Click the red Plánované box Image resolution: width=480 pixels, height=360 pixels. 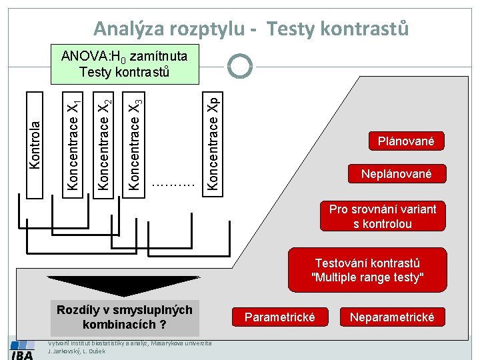[405, 141]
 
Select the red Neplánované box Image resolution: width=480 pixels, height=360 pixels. [396, 174]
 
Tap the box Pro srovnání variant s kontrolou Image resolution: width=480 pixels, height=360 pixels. [383, 217]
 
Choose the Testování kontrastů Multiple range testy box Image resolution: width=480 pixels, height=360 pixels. [367, 270]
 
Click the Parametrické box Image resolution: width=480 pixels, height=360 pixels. [279, 317]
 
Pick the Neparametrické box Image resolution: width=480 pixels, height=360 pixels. [392, 317]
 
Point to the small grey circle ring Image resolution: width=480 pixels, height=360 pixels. [239, 65]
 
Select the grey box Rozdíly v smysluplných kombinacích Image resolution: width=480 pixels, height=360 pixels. [124, 317]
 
